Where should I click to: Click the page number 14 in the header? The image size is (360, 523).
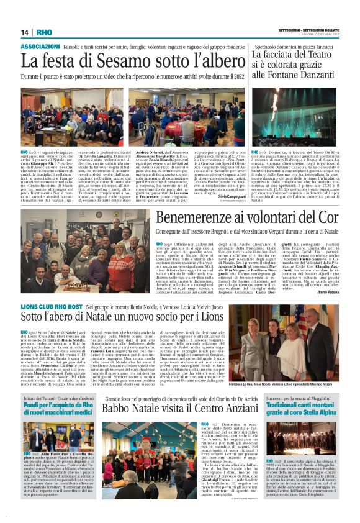(x=24, y=32)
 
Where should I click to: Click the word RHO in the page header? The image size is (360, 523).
(x=43, y=32)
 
